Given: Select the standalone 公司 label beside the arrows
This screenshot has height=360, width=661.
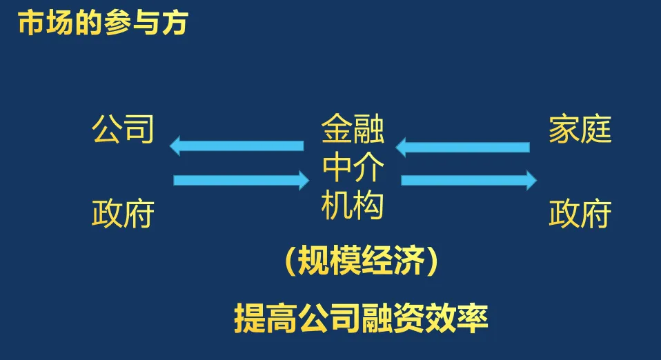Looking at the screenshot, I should point(123,130).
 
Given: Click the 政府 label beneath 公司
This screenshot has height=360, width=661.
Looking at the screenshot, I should point(123,214).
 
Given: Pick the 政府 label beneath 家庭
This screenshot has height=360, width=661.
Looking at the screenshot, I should point(580,214).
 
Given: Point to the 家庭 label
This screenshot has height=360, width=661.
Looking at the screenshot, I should point(580,130).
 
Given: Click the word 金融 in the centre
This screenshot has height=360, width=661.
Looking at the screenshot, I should point(353,130).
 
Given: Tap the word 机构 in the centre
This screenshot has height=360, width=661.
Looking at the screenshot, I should point(353,206).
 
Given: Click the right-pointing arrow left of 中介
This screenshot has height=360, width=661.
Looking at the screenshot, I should point(241,181).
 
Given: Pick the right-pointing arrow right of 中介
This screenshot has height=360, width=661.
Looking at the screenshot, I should point(468,180).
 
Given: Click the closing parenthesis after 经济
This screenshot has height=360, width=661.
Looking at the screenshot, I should point(431,262).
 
